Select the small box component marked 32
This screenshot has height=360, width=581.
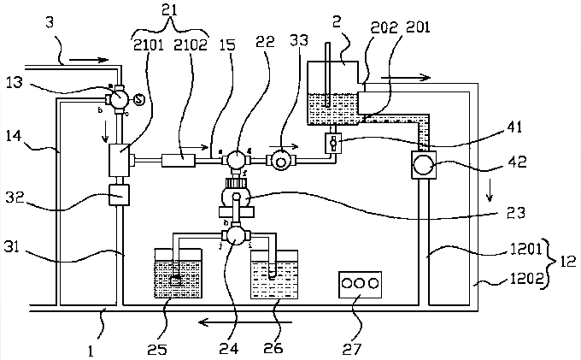(x=118, y=195)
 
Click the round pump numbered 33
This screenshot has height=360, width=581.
(x=279, y=159)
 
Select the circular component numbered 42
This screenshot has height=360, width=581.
(x=424, y=162)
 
